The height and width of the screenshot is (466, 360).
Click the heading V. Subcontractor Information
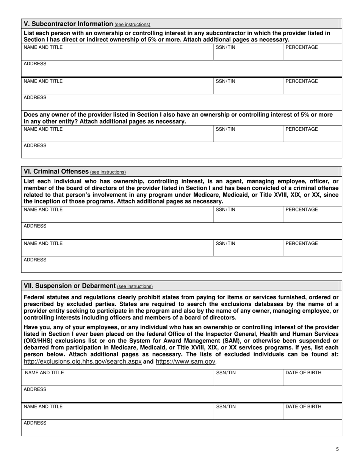(68, 24)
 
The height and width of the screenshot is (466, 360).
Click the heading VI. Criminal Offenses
(56, 171)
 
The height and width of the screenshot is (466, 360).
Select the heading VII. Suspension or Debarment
(70, 286)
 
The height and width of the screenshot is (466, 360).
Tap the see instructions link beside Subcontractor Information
(132, 25)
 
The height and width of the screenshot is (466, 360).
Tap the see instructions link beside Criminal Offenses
(108, 172)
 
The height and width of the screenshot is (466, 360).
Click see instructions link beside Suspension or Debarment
(135, 286)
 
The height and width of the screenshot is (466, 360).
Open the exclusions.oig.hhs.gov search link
(83, 361)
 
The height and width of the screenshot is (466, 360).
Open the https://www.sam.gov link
(185, 361)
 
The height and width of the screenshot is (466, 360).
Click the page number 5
(337, 449)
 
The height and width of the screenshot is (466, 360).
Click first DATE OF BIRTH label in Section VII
(303, 373)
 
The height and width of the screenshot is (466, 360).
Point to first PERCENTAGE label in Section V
(301, 47)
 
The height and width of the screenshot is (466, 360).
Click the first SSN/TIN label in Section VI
(225, 210)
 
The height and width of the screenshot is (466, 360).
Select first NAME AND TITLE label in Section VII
(44, 373)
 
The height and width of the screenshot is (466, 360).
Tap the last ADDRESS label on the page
(35, 423)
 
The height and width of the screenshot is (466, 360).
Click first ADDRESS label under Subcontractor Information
(35, 64)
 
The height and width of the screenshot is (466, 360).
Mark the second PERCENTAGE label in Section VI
(301, 244)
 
